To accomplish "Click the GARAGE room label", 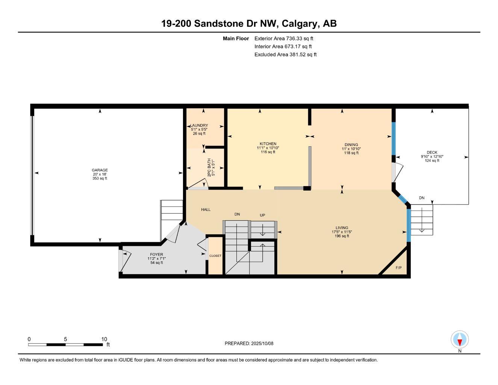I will coord(100,170).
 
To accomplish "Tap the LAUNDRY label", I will coord(199,126).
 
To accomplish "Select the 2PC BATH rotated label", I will coord(209,168).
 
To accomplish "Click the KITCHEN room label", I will coord(268,144).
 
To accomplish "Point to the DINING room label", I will coord(351,144).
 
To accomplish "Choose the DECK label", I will coord(432,152).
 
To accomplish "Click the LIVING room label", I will coord(342,227).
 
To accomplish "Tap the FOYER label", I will coord(156,255).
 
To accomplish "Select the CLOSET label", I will coord(215,256).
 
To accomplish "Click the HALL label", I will coord(206,209).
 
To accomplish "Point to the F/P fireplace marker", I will coord(398,268).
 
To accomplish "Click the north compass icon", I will coord(460,340).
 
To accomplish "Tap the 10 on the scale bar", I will coord(104,339).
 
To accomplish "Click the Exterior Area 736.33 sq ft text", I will coord(284,38).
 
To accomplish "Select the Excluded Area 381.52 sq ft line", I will coord(285,55).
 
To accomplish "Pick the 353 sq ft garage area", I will coord(100,179).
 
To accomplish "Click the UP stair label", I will coord(262,215).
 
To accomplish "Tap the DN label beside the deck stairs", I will coord(422,198).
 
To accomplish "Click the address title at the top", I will coord(249,24).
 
